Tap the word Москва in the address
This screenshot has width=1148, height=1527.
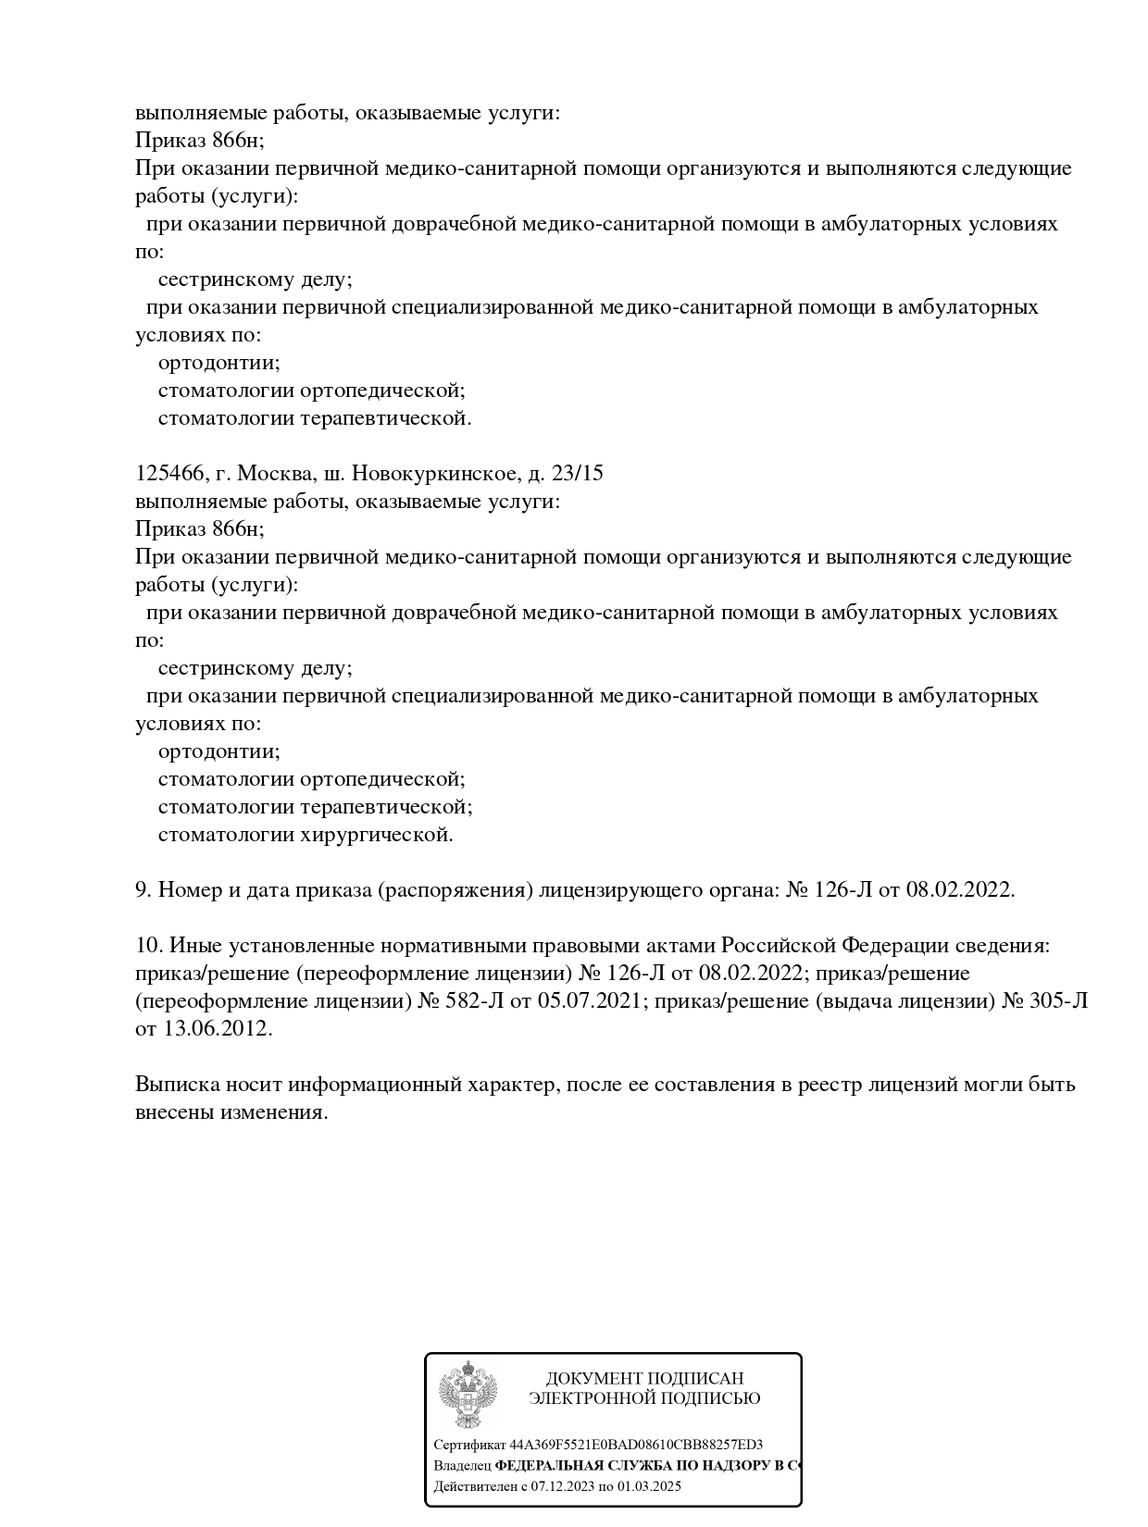click(275, 474)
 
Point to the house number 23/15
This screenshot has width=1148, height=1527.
click(577, 474)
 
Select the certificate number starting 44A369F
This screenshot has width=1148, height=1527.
click(636, 1445)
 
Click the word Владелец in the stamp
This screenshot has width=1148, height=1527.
click(462, 1466)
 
